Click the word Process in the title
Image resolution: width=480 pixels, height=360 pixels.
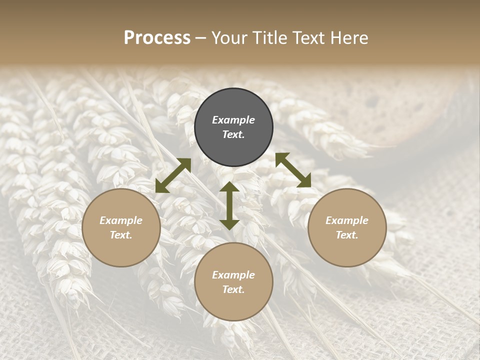point(157,38)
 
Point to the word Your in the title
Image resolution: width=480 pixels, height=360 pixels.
point(230,38)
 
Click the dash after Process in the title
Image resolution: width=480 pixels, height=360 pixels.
point(200,38)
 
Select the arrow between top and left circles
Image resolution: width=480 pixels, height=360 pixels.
point(173,175)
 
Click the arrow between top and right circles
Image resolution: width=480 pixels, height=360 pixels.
point(293,170)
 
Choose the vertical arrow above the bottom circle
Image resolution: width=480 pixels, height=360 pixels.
point(229,205)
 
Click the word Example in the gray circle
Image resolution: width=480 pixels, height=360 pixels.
point(233,120)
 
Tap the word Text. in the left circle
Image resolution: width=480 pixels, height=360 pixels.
point(121,235)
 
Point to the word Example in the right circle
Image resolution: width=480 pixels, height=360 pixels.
point(347,220)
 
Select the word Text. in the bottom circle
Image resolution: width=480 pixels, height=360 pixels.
point(233,289)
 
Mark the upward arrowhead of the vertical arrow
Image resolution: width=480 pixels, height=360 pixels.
point(229,187)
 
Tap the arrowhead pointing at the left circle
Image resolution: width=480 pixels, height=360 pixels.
point(161,186)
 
